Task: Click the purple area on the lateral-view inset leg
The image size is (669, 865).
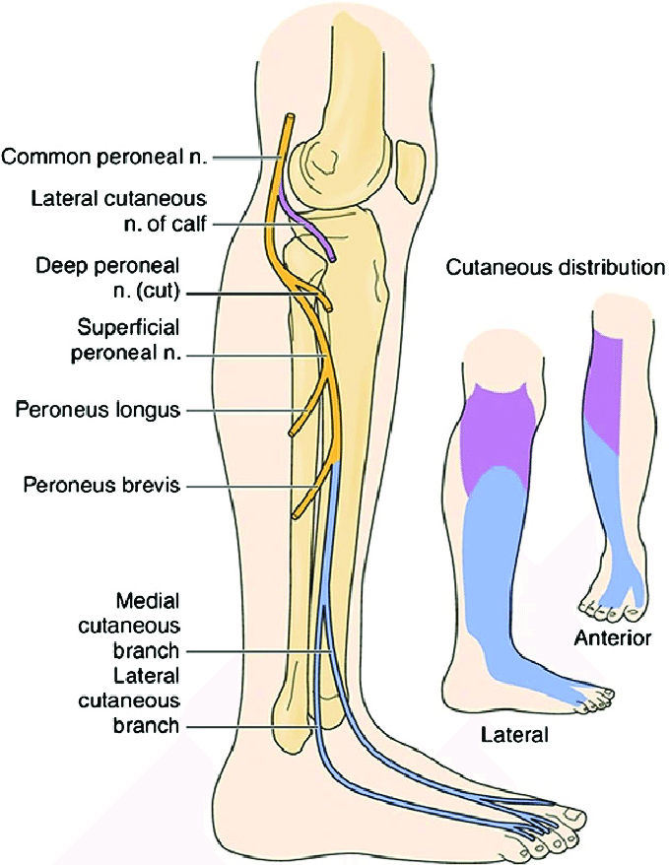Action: tap(498, 433)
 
